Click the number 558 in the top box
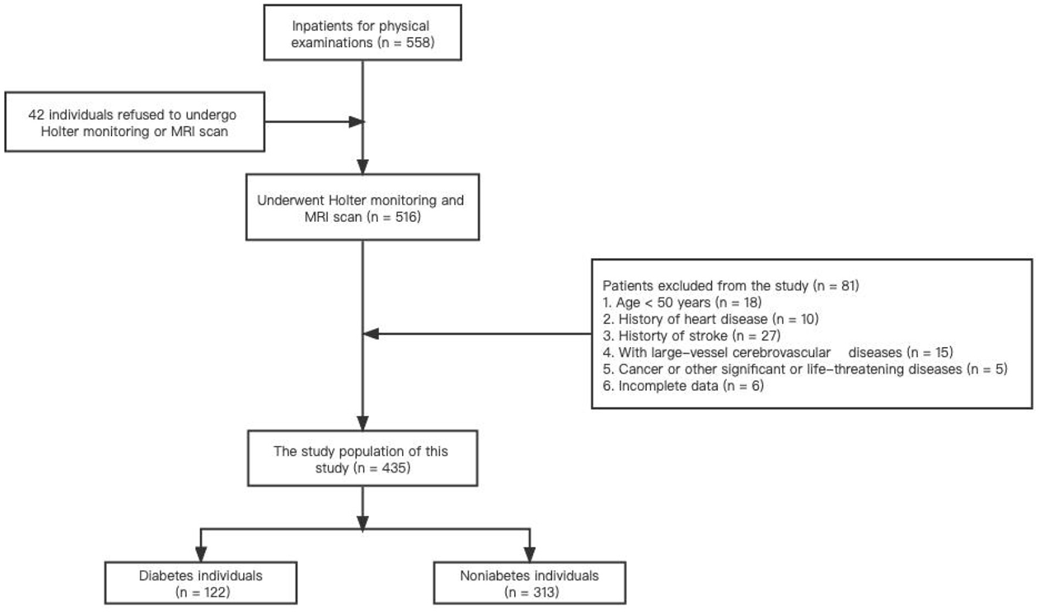coord(418,43)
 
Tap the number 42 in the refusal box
coord(36,114)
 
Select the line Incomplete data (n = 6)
coord(683,386)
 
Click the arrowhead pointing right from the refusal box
coord(356,122)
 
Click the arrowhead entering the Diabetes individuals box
coord(201,554)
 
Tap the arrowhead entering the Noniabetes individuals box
coord(529,554)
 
